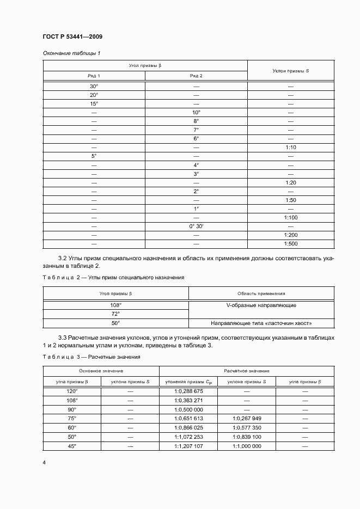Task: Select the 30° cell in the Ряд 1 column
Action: (x=94, y=87)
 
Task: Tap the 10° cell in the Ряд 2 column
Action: (x=196, y=112)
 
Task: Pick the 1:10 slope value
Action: (x=290, y=148)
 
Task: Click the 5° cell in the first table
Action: (x=94, y=156)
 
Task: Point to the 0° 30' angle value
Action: (x=196, y=226)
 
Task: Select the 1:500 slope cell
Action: (x=290, y=244)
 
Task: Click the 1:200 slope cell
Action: (x=290, y=235)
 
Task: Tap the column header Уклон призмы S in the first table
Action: (x=290, y=71)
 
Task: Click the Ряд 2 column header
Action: (x=196, y=76)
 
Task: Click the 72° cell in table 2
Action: (x=115, y=314)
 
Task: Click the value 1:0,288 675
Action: (x=188, y=391)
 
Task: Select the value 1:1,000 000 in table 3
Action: (x=247, y=446)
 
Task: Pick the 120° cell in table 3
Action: (x=72, y=391)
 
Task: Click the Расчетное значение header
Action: (x=246, y=371)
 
